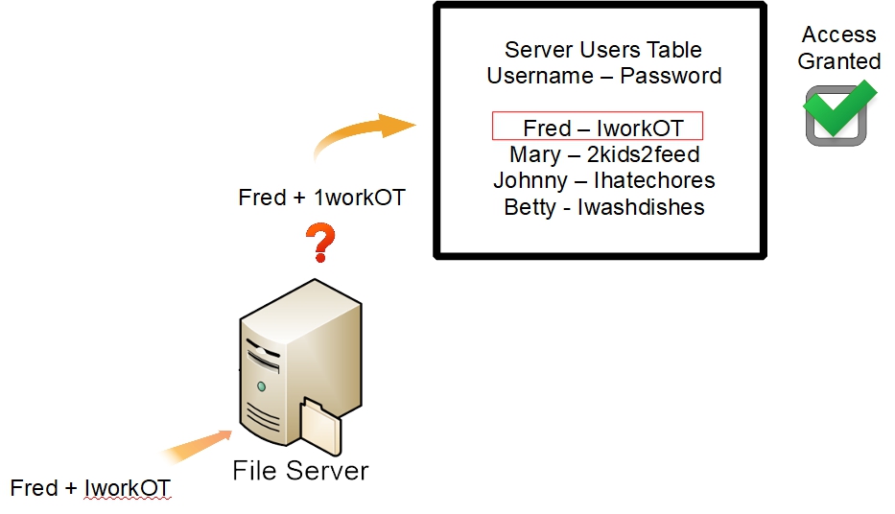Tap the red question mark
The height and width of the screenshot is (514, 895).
tap(321, 245)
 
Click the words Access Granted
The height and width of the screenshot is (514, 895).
tap(839, 48)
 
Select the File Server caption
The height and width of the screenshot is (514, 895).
tap(300, 471)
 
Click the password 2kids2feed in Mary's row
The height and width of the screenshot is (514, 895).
tap(644, 154)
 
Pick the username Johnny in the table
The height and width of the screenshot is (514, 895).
tap(530, 180)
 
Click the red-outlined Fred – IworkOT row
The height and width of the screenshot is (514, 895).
tap(598, 127)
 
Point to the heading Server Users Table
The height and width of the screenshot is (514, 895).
tap(603, 50)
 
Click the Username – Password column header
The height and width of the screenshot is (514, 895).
tap(603, 76)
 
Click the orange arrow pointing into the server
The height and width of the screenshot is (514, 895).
tap(197, 445)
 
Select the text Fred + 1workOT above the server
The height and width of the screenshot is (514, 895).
tap(321, 199)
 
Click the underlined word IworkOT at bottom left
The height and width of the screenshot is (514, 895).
tap(128, 488)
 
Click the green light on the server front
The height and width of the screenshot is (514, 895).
tap(261, 385)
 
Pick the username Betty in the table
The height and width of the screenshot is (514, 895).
tap(530, 207)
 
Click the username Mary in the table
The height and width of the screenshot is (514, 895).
tap(535, 154)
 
